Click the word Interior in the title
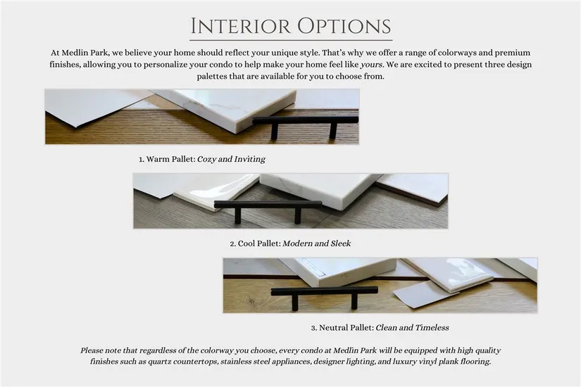coord(240,26)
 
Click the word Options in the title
coord(344,26)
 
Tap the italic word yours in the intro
coord(371,65)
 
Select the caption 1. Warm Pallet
coord(167,159)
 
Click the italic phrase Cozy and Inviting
coord(231,159)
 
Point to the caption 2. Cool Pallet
coord(255,243)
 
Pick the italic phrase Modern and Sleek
coord(317,243)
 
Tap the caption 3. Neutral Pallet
coord(342,328)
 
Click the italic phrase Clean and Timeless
coord(413,327)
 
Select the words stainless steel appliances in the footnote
coord(266,362)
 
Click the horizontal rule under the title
coord(291,40)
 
